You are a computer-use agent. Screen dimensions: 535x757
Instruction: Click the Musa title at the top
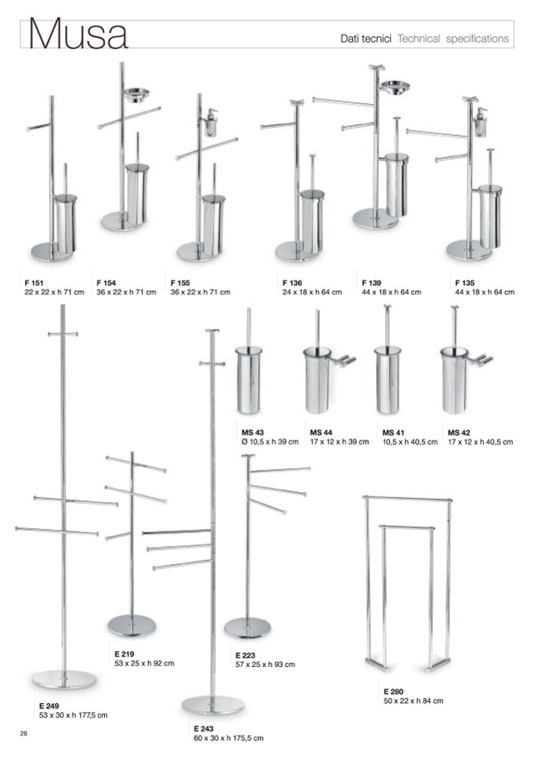79,34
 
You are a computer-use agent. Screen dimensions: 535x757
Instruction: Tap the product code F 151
34,283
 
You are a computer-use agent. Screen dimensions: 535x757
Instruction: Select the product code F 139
372,283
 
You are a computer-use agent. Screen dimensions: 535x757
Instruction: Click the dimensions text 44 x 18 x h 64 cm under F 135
484,292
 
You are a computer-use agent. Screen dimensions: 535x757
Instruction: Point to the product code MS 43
253,433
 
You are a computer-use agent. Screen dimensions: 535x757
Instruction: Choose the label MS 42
458,433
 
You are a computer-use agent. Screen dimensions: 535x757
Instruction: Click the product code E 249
49,706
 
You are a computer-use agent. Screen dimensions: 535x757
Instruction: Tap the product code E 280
394,691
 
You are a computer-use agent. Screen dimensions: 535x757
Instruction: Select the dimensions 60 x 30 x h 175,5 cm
229,738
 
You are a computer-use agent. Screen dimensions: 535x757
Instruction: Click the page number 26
24,734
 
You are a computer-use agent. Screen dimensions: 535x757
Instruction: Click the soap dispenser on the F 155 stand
211,123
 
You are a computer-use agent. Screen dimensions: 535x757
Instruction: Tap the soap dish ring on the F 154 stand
137,94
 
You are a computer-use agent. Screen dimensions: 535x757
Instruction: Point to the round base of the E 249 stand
64,680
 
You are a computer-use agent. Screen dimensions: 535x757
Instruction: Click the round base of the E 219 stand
132,626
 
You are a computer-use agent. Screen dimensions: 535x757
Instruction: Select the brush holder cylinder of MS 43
249,380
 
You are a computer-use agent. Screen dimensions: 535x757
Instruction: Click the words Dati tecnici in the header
365,39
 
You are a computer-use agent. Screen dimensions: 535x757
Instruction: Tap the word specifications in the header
477,39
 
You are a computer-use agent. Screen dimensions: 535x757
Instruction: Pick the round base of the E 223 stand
248,628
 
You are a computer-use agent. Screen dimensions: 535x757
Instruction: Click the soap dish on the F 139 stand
395,87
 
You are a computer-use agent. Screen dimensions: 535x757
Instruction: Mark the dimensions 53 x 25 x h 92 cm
144,663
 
